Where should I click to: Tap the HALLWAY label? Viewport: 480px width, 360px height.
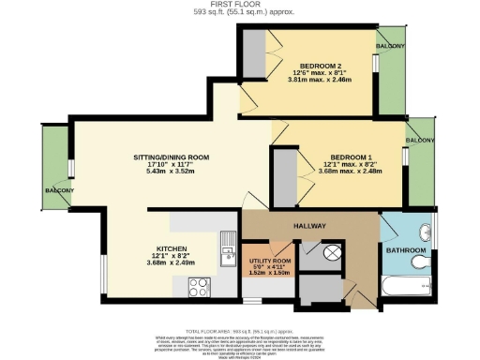(309, 227)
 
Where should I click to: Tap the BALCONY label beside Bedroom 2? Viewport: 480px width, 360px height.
(392, 46)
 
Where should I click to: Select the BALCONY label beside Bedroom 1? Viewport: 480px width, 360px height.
(420, 141)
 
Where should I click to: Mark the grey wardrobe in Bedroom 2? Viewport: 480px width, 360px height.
(253, 54)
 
